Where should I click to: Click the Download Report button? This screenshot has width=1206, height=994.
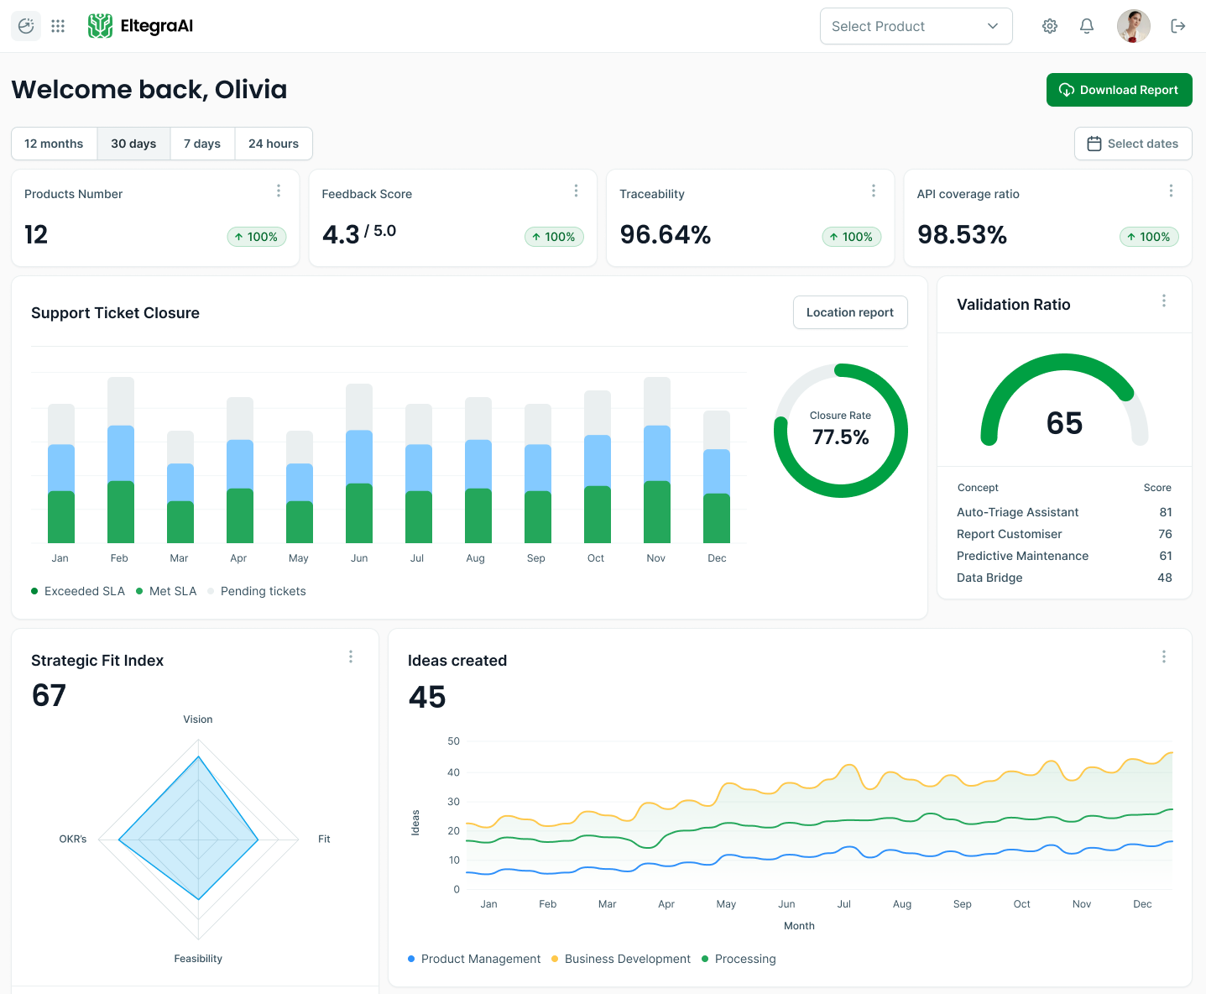click(1119, 90)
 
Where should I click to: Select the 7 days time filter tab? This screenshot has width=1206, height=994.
click(202, 144)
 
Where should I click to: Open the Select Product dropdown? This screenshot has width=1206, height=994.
click(916, 26)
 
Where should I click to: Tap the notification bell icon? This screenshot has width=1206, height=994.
click(1086, 26)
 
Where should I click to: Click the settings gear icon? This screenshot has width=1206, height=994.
click(1049, 26)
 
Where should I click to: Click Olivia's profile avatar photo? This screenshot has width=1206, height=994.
click(1133, 26)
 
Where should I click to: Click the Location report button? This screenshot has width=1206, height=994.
click(849, 312)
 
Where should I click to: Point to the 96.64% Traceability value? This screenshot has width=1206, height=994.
click(665, 235)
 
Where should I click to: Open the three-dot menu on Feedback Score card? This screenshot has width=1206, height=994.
click(576, 191)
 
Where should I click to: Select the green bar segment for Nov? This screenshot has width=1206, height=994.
click(656, 512)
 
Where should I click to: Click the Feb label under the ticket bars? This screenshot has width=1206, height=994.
click(119, 558)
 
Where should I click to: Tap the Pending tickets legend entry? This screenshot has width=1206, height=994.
click(263, 591)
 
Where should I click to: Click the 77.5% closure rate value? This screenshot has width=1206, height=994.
click(840, 437)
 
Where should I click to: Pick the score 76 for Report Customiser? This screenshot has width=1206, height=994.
click(1165, 534)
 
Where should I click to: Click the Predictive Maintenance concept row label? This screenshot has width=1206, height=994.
click(1022, 556)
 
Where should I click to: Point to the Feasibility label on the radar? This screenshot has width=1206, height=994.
click(198, 959)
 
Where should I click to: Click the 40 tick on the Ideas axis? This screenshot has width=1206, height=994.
click(453, 772)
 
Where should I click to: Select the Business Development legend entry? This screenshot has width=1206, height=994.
click(627, 959)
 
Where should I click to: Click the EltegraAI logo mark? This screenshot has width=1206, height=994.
click(100, 26)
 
